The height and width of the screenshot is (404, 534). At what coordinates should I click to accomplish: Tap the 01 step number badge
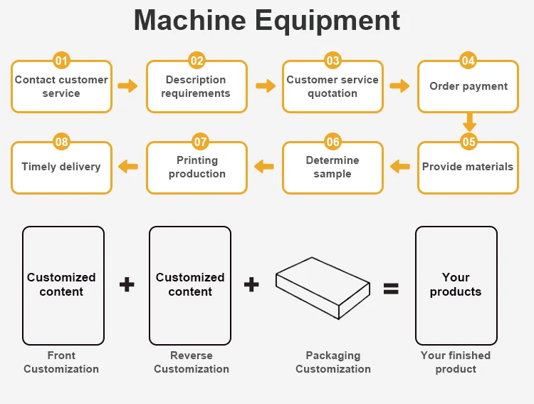coord(62,61)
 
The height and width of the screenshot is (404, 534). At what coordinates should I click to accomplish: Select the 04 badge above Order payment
coord(468,61)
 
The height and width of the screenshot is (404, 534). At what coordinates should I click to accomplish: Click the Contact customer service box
coord(61,87)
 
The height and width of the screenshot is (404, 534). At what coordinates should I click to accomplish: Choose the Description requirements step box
coord(197,87)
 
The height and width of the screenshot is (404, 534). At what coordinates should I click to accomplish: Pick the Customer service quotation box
coord(333,87)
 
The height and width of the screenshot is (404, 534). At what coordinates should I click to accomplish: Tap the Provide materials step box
coord(468,168)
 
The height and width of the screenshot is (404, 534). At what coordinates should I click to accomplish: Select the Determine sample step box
coord(333,168)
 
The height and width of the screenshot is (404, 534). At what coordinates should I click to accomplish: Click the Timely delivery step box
coord(61,168)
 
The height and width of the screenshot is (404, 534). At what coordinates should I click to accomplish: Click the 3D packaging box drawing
coord(323,284)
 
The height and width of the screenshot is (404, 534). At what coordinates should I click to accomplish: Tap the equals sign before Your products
coord(391,288)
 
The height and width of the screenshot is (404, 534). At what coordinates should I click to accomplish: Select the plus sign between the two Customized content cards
coord(127,285)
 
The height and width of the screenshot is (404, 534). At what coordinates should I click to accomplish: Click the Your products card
coord(456,285)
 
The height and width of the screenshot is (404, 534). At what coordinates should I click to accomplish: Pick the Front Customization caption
coord(61,362)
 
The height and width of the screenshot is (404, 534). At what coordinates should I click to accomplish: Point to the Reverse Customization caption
coord(192,362)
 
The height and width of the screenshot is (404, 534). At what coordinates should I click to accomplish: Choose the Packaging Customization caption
coord(333,362)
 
